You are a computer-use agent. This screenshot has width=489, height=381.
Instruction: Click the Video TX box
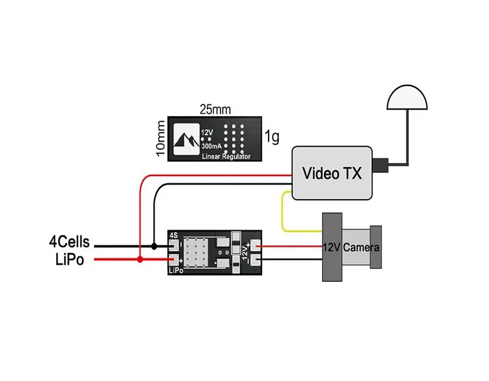pos(332,173)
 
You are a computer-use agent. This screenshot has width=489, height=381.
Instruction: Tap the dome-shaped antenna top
pos(407,98)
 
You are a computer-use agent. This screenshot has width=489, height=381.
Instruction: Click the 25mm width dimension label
pos(215,110)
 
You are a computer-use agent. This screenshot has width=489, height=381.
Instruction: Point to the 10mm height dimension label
pos(160,138)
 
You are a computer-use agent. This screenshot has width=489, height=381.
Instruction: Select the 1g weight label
pos(272,136)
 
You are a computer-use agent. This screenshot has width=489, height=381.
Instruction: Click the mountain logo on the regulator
pos(186,139)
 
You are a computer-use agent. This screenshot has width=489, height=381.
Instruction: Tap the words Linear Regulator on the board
pos(226,157)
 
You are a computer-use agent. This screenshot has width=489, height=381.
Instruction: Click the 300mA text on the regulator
pos(211,146)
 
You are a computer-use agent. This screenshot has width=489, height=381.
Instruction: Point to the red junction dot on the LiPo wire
pos(140,259)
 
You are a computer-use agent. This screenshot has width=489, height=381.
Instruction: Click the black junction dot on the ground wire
pos(154,246)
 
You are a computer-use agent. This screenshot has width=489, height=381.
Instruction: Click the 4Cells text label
pos(69,242)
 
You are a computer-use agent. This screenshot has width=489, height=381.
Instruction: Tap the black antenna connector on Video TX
pos(380,165)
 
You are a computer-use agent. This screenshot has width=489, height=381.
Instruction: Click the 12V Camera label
pos(351,247)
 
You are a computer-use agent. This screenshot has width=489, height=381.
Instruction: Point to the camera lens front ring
pos(376,247)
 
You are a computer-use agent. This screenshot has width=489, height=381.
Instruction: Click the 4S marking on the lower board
pos(173,236)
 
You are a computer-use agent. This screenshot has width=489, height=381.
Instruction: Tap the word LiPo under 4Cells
pos(70,260)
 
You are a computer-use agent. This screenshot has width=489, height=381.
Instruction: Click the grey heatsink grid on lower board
pos(196,252)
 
